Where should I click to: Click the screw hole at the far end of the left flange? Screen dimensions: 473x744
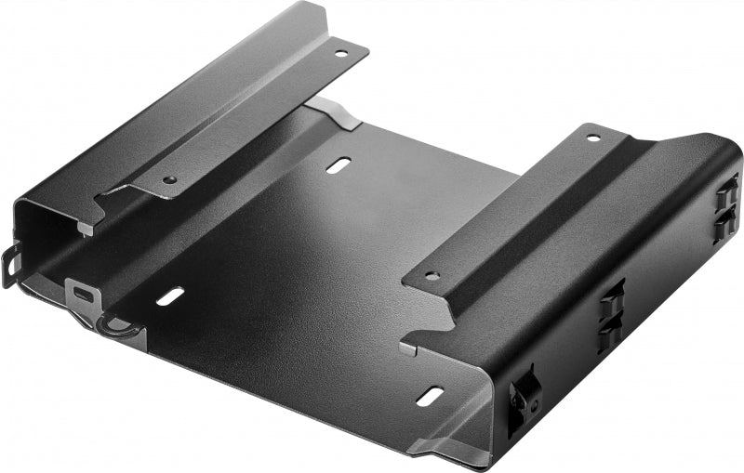pos(341,54)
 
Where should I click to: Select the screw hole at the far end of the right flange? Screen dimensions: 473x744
pos(593,138)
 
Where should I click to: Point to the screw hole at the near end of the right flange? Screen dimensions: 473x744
pos(432,276)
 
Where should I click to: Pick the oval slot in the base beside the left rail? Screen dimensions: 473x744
pos(169,296)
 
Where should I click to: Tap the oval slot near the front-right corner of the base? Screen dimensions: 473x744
pos(430,395)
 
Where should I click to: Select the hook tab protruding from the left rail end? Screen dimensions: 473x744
pos(11,264)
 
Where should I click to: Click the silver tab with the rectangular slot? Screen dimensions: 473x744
pos(84,295)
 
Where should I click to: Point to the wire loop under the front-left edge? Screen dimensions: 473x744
pos(116,327)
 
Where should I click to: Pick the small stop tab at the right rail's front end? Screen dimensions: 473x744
pos(409,348)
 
